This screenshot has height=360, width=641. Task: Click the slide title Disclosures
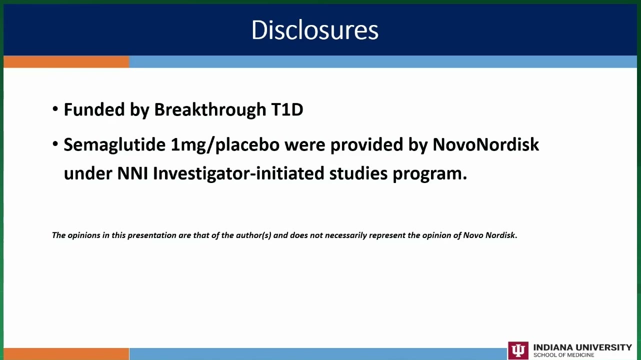(x=315, y=30)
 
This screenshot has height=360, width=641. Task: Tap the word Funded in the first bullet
(x=94, y=109)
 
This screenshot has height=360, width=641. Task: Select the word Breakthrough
(x=210, y=109)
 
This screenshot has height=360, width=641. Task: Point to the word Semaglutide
(x=114, y=144)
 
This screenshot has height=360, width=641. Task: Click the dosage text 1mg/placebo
(x=225, y=145)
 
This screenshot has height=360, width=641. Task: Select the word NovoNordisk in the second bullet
(x=485, y=144)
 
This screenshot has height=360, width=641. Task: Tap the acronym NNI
(x=132, y=173)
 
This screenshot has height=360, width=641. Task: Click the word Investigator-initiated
(x=238, y=173)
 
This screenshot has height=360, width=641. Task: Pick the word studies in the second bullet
(x=358, y=173)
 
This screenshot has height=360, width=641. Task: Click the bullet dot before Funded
(x=55, y=109)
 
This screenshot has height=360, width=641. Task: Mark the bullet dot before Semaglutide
(x=55, y=144)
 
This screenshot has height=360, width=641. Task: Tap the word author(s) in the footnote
(x=253, y=235)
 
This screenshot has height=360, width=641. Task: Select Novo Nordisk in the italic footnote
(x=489, y=235)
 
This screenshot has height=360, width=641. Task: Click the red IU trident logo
(x=518, y=350)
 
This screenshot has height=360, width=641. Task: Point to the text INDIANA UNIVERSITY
(x=582, y=347)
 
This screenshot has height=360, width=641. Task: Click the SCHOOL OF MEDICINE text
(x=563, y=355)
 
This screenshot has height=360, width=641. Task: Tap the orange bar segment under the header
(x=66, y=62)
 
